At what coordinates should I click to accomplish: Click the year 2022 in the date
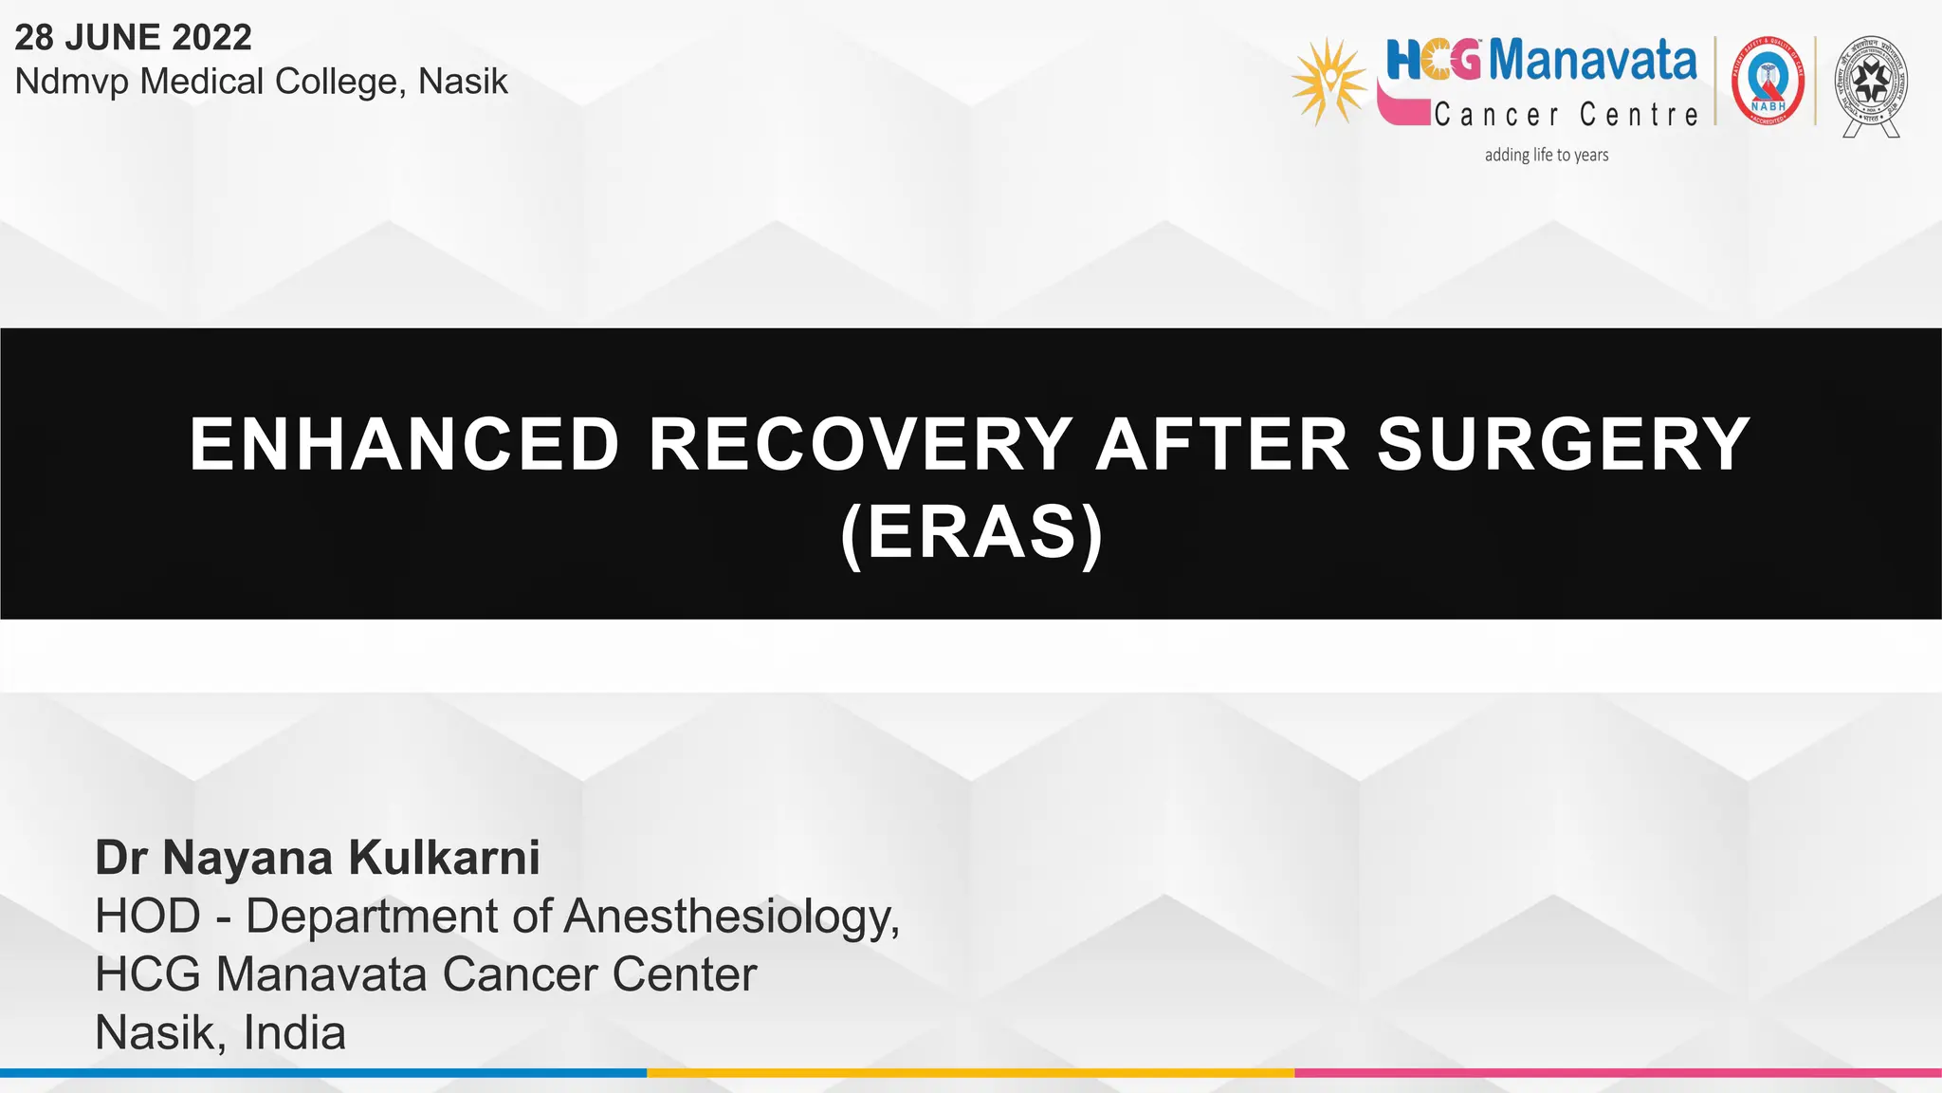(212, 38)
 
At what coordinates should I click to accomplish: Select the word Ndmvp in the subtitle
(71, 83)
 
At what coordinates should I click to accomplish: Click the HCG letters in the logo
(1433, 61)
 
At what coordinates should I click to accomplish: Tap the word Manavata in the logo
(1593, 61)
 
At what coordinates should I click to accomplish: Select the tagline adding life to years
(1547, 155)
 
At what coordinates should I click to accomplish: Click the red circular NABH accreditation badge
(1768, 83)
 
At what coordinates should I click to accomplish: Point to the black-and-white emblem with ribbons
(1871, 85)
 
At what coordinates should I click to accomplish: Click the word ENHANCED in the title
(405, 444)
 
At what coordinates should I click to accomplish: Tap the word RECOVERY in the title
(860, 444)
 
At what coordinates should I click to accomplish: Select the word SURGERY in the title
(1563, 444)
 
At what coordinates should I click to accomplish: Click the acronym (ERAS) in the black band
(972, 533)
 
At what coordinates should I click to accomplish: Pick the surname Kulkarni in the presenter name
(444, 858)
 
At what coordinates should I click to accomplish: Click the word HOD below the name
(148, 917)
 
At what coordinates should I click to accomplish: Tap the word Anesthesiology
(731, 917)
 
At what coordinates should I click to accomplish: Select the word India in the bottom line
(294, 1033)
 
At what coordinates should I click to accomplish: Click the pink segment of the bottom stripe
(1618, 1073)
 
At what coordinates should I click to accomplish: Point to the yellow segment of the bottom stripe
(970, 1073)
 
